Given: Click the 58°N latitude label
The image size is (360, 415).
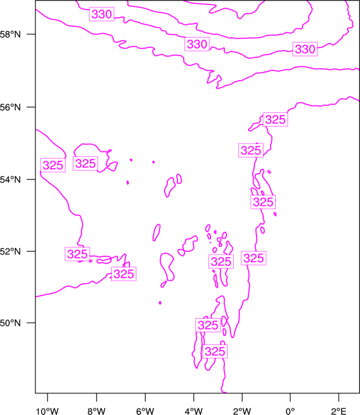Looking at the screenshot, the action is [x=10, y=34].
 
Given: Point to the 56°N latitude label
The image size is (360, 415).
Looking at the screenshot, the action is [x=10, y=107].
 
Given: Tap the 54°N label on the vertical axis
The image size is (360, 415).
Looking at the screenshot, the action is [x=10, y=180].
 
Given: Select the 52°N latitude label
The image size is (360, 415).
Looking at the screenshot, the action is [x=10, y=251].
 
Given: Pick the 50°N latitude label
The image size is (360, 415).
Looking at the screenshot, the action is [x=10, y=323].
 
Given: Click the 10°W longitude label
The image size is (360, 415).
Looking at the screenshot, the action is [x=47, y=411].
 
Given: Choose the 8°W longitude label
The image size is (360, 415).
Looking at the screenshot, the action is [x=96, y=411].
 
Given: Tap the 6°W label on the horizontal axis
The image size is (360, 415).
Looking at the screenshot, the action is [x=145, y=411].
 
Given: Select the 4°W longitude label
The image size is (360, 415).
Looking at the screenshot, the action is [x=194, y=411].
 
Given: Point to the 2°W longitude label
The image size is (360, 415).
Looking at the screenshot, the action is [x=242, y=411].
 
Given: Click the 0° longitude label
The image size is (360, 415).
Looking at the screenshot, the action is [x=290, y=411].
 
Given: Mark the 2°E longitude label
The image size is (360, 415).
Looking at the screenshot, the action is [x=338, y=411].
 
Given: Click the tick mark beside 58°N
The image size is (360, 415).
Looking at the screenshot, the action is [x=31, y=34].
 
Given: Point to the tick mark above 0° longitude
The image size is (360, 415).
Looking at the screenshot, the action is [x=290, y=397].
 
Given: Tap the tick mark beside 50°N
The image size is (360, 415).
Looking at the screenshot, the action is [x=31, y=323].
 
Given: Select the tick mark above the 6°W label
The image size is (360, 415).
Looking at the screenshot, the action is [x=145, y=397].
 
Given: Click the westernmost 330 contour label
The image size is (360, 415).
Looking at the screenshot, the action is [x=102, y=14].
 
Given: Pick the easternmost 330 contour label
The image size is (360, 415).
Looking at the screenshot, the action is [x=305, y=49].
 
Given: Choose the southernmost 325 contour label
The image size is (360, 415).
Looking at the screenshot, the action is [x=215, y=352].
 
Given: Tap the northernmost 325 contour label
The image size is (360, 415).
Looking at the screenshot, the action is [x=275, y=120].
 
